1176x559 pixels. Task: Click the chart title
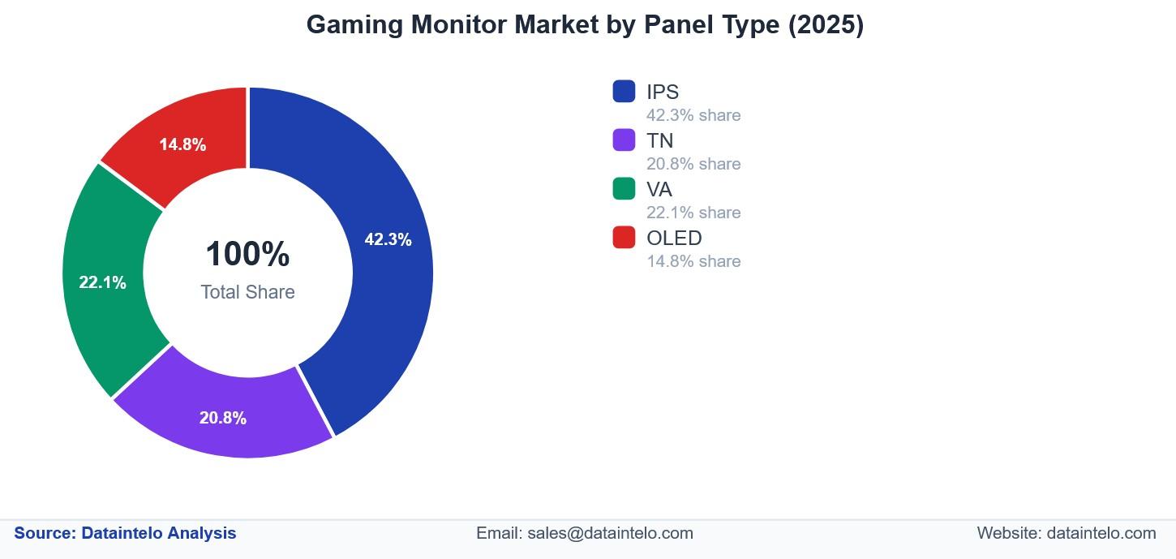coord(585,25)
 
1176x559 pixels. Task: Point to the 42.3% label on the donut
coord(388,240)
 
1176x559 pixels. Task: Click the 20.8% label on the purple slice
coord(223,419)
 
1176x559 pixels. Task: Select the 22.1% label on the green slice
coord(102,283)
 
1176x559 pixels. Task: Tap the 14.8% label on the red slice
coord(182,145)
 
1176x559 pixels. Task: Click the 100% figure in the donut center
coord(247,254)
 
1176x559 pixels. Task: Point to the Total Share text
coord(247,292)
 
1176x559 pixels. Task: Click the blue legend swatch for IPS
coord(624,91)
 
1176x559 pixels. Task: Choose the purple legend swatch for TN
coord(624,140)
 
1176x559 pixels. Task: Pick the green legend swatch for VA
coord(624,188)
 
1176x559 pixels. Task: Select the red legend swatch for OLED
coord(624,237)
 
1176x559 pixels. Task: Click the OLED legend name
coord(674,238)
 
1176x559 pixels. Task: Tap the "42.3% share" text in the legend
coord(693,115)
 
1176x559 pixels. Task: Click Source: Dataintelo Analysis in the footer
coord(126,533)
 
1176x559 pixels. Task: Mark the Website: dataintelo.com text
coord(1066,533)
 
